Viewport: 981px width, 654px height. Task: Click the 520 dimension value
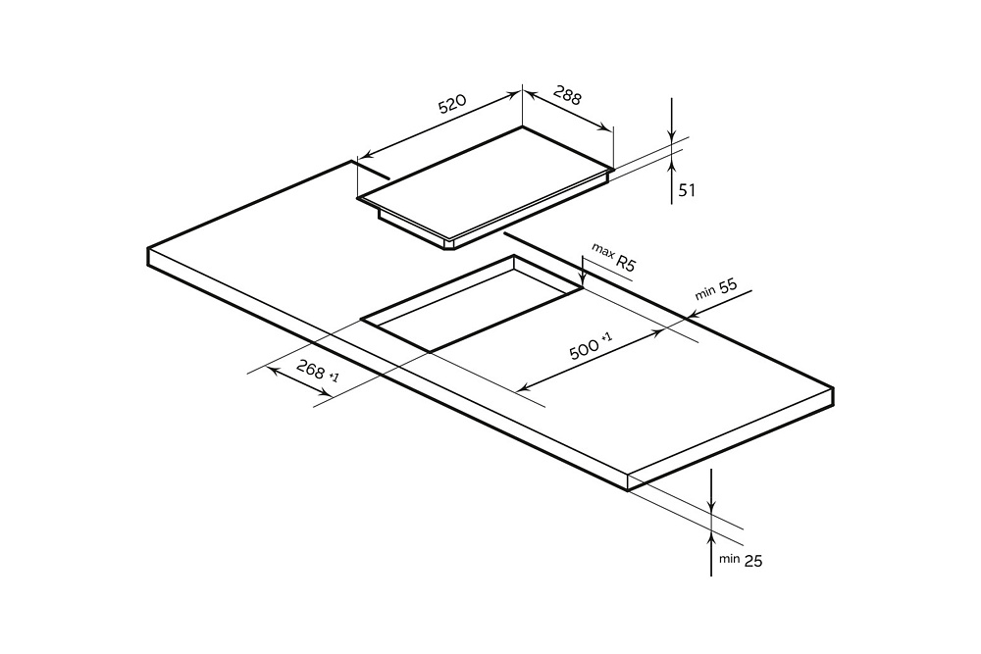451,104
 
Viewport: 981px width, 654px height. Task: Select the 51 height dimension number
687,189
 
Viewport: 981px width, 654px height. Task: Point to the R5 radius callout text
625,262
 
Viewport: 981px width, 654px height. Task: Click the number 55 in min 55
728,286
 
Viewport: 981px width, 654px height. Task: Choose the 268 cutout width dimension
311,369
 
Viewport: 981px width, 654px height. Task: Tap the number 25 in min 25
753,561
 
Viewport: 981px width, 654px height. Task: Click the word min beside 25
730,558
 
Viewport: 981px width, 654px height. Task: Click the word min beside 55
705,293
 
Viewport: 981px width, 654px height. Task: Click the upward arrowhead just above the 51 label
671,165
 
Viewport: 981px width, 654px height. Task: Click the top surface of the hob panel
486,183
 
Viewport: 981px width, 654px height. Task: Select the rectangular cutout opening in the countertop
472,303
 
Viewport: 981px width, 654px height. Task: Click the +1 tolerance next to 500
606,338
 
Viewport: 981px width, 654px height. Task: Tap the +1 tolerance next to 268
334,377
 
